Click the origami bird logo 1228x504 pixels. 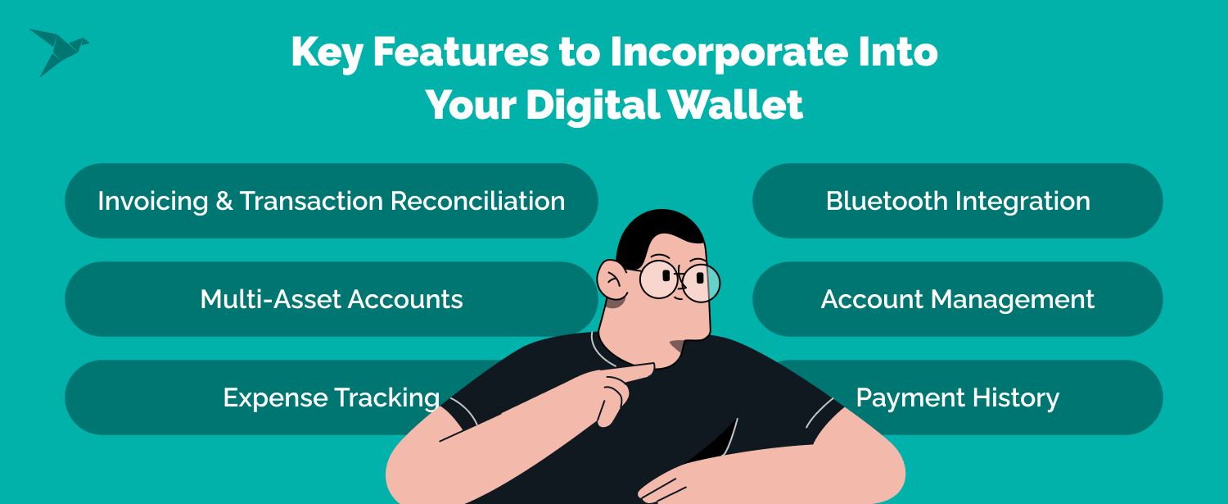pos(57,51)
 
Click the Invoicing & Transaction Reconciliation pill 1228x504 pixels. pos(331,201)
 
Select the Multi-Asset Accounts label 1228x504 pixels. pos(331,299)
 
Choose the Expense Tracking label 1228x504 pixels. pos(331,397)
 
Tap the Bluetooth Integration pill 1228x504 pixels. pos(957,201)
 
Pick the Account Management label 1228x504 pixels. pos(957,299)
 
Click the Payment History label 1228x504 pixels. pos(957,397)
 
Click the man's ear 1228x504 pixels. pos(612,279)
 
